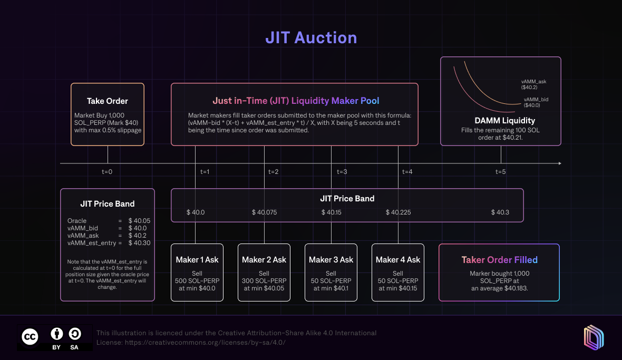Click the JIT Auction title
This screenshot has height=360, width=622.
(311, 38)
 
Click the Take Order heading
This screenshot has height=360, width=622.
(108, 101)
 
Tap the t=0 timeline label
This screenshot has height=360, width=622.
(107, 172)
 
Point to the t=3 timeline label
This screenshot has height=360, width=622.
(342, 172)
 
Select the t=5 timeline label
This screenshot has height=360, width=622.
(501, 172)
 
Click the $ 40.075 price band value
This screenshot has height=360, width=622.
(264, 212)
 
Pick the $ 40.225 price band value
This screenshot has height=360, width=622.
(398, 212)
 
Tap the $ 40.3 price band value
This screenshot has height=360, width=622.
(500, 212)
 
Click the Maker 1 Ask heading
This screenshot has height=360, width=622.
(197, 260)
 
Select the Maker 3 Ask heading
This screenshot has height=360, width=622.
(331, 260)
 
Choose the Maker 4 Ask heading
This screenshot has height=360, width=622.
(398, 260)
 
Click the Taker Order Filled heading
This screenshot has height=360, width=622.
(499, 260)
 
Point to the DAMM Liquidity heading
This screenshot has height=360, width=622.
(500, 121)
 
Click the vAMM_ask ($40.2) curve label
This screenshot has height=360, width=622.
(533, 84)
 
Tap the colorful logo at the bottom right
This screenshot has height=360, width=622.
(593, 337)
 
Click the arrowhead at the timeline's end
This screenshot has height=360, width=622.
(559, 163)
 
